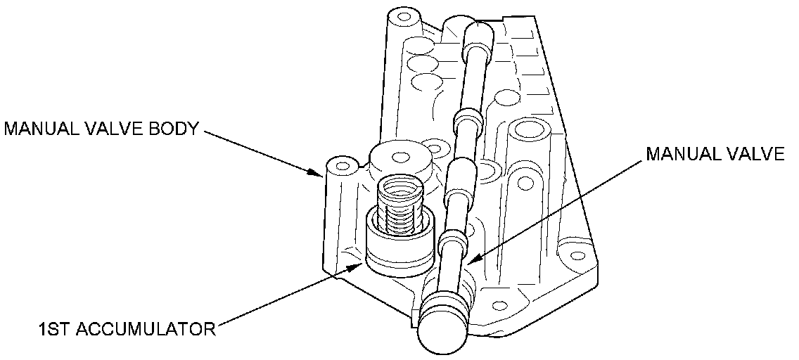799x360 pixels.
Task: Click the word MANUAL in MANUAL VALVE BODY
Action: pos(41,129)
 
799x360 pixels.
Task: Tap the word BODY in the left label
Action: pos(172,129)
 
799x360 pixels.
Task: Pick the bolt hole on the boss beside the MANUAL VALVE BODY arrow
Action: pos(343,167)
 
